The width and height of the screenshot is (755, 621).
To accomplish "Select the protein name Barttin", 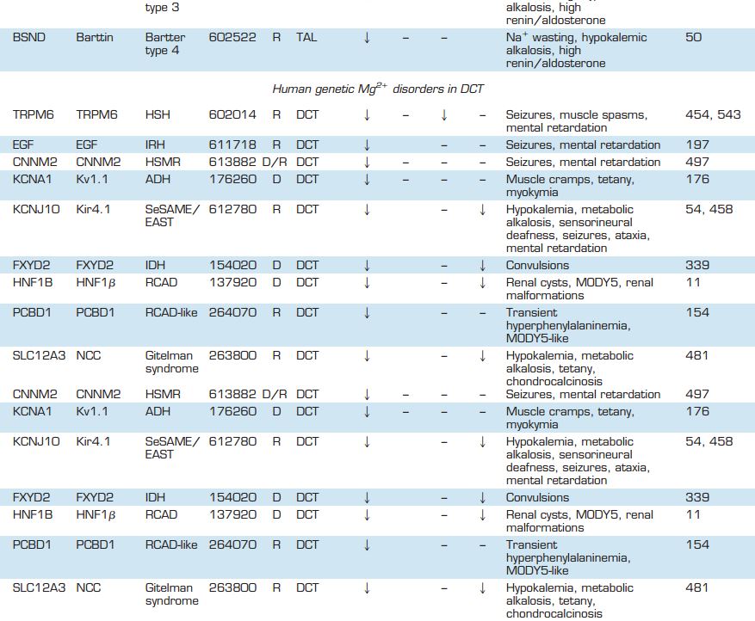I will pos(95,38).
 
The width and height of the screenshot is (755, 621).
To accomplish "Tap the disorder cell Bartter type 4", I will pos(165,44).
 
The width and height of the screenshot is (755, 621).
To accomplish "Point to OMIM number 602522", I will pos(232,38).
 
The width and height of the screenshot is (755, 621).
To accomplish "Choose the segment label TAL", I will pos(306,38).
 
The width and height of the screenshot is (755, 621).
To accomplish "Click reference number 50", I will pos(693,38).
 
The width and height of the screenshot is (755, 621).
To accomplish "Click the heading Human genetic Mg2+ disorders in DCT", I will pos(384,89).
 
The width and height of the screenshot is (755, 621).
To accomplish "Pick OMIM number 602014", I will pos(232,114).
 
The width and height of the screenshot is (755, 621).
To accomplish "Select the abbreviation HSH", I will pos(157,114).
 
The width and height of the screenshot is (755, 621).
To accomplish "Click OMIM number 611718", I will pos(232,144).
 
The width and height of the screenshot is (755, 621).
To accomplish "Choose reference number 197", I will pos(697,144).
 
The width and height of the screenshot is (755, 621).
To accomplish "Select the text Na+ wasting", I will pos(542,38).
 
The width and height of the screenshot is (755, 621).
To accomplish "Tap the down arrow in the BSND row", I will pos(367,38).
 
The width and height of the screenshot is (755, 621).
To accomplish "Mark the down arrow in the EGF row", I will pos(367,144).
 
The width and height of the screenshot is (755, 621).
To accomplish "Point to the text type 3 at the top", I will pos(162,7).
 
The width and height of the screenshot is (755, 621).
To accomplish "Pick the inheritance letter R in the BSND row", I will pos(276,38).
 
